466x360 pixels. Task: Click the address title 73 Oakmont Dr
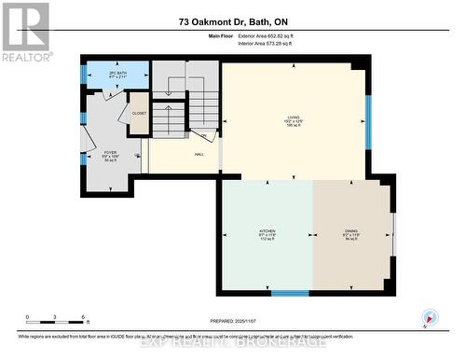(232, 21)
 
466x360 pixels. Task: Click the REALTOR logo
(25, 31)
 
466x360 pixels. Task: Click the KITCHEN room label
(267, 232)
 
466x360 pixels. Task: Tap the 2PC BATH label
(117, 74)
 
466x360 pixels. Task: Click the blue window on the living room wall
(368, 121)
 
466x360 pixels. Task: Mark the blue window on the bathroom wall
(83, 74)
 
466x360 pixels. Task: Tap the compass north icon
(428, 317)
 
